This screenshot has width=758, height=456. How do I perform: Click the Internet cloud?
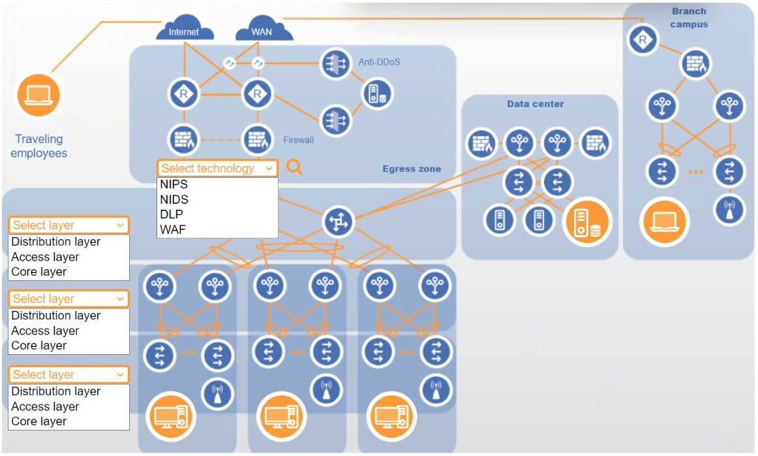click(185, 29)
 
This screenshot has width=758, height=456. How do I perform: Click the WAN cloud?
click(262, 29)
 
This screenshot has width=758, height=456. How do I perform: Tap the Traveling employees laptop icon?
click(38, 95)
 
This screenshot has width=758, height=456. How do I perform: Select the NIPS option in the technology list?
click(174, 184)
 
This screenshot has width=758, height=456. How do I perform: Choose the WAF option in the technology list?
click(173, 229)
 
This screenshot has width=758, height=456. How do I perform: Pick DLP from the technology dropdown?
click(172, 214)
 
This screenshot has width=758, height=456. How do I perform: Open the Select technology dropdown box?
click(217, 169)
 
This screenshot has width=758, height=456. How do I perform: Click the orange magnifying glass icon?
click(295, 168)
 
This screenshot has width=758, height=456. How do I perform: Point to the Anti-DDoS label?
click(379, 62)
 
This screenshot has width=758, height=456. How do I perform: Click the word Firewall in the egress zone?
click(298, 140)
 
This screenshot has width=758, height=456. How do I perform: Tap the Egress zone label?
click(411, 169)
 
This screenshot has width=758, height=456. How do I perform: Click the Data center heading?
click(535, 104)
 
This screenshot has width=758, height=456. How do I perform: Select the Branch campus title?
click(689, 18)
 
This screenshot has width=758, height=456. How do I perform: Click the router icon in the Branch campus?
click(643, 41)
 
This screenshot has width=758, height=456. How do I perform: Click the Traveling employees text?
click(39, 146)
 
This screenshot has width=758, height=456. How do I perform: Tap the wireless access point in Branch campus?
click(729, 209)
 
